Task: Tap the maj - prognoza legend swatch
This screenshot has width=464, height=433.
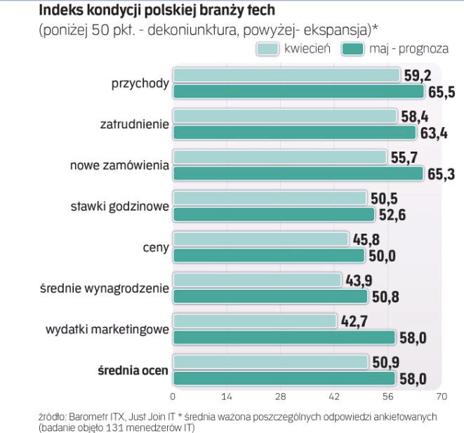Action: [352, 49]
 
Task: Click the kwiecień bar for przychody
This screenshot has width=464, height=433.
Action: [286, 76]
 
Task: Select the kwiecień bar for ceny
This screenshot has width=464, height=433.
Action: [260, 239]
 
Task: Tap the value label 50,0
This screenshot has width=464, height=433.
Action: [381, 256]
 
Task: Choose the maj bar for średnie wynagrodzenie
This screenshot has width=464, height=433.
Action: [270, 297]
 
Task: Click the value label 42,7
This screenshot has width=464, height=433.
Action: [353, 321]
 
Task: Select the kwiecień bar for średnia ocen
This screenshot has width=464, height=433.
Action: [270, 362]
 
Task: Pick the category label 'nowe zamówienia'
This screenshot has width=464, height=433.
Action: [119, 166]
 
